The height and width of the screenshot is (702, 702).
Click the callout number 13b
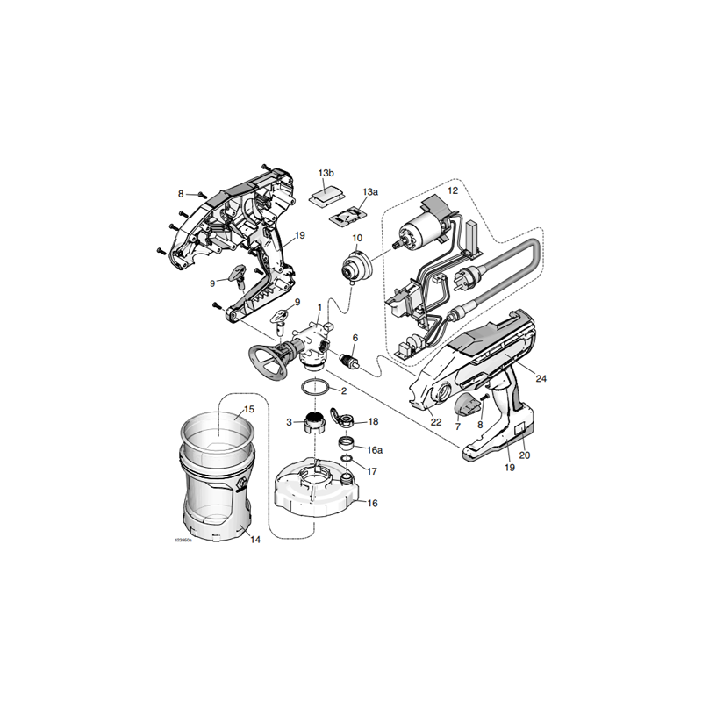(326, 173)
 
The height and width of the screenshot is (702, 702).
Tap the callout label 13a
(370, 191)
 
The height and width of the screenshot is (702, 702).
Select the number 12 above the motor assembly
(454, 190)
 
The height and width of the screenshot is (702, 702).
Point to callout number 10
(357, 238)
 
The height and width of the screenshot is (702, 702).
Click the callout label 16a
(375, 449)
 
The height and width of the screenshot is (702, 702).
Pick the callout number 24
(541, 379)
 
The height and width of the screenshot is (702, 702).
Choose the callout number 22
(436, 422)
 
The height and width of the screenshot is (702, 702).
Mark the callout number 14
(255, 539)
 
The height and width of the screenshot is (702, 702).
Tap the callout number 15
(248, 410)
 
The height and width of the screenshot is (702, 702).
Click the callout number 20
(526, 455)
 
